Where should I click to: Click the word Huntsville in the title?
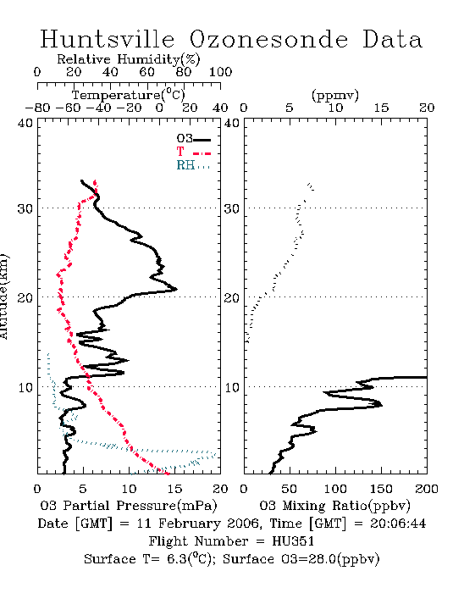(108, 39)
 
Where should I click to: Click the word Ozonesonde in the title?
(268, 39)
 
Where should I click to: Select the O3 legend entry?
(193, 139)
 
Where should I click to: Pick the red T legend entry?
(193, 152)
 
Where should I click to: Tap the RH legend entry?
(193, 165)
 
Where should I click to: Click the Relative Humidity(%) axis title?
(129, 59)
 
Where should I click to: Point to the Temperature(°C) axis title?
(129, 95)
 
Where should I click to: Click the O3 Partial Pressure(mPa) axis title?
(129, 506)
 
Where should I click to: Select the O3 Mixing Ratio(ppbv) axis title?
(334, 506)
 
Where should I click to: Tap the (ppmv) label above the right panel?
(335, 96)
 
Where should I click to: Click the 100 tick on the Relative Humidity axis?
(220, 72)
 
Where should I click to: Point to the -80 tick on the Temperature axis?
(37, 108)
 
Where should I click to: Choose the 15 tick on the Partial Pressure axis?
(174, 489)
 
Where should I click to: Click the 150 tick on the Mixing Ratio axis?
(381, 489)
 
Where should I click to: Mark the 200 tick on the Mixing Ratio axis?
(427, 489)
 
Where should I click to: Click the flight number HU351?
(293, 541)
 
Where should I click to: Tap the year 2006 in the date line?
(243, 524)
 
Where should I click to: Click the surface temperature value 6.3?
(177, 559)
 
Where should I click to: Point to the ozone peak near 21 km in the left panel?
(176, 290)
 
